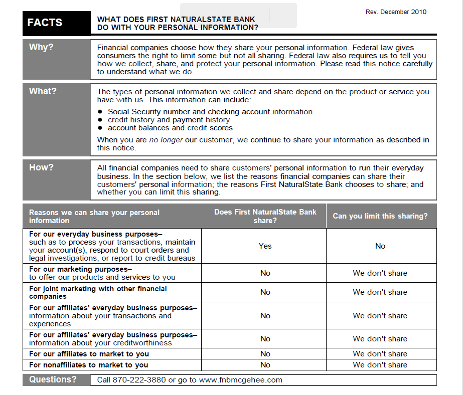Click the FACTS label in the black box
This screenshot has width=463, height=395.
point(45,23)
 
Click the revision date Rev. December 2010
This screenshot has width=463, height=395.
point(396,12)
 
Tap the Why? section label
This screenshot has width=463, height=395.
point(41,48)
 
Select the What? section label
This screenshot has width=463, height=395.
point(43,92)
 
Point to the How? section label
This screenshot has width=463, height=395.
point(41,168)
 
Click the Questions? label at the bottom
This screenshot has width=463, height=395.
point(53,380)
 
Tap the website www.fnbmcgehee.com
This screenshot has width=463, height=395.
point(241,380)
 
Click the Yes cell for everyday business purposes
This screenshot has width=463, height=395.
point(265,246)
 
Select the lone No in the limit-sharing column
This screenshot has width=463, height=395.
point(380,246)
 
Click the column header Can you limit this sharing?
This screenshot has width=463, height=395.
point(380,217)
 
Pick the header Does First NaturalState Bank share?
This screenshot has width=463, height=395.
point(265,216)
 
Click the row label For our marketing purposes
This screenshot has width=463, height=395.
point(80,269)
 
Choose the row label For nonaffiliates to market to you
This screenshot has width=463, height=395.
point(89,365)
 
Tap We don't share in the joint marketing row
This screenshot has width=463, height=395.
point(380,292)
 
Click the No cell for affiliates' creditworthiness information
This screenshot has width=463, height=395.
point(265,339)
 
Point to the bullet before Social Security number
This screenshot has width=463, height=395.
point(100,112)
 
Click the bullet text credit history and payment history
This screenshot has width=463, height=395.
point(169,120)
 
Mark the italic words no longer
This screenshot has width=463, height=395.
point(166,140)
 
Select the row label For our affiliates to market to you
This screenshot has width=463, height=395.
point(82,354)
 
